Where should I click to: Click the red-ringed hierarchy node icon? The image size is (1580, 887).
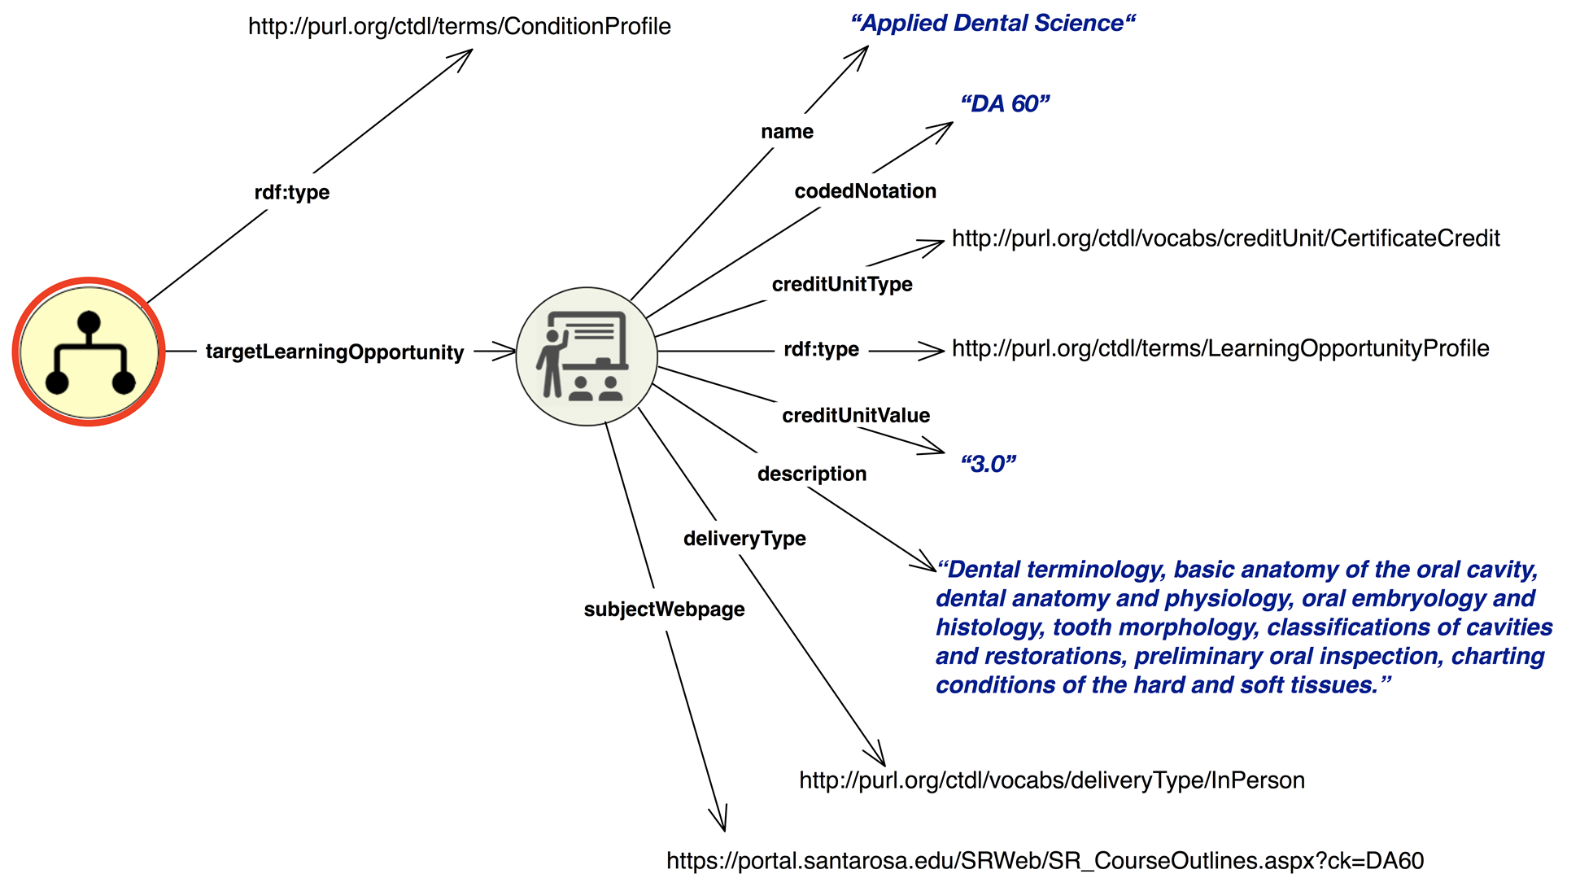[89, 352]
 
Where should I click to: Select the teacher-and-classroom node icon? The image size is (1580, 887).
[587, 356]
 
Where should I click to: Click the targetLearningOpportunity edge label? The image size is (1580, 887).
[334, 352]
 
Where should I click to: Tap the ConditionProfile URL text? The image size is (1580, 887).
[459, 26]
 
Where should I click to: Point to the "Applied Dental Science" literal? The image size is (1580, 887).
[992, 23]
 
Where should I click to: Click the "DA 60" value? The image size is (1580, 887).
[1005, 103]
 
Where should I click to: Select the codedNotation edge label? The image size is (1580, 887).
[865, 190]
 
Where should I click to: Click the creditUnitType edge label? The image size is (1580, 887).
[842, 284]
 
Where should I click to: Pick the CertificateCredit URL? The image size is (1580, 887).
[1225, 238]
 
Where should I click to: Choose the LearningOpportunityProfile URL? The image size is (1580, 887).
[1220, 348]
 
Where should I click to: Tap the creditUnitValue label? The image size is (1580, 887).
[856, 415]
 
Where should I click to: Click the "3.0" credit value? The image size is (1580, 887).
[989, 464]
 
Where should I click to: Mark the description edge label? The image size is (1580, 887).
[811, 474]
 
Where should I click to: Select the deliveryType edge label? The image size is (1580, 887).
[744, 538]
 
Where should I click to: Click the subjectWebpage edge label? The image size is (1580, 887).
[664, 609]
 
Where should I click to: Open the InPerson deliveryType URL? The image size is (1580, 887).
[1051, 780]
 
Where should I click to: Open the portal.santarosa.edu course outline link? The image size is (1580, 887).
[1045, 861]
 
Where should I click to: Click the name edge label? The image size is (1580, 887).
[787, 131]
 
